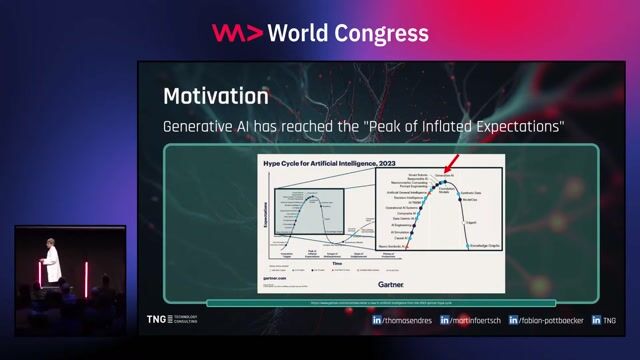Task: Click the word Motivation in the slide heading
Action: point(215,97)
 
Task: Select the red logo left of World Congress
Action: point(236,33)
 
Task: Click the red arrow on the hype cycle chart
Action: point(452,162)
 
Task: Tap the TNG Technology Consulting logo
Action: point(173,320)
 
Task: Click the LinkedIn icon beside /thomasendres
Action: point(377,321)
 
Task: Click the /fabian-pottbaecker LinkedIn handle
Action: point(549,321)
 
